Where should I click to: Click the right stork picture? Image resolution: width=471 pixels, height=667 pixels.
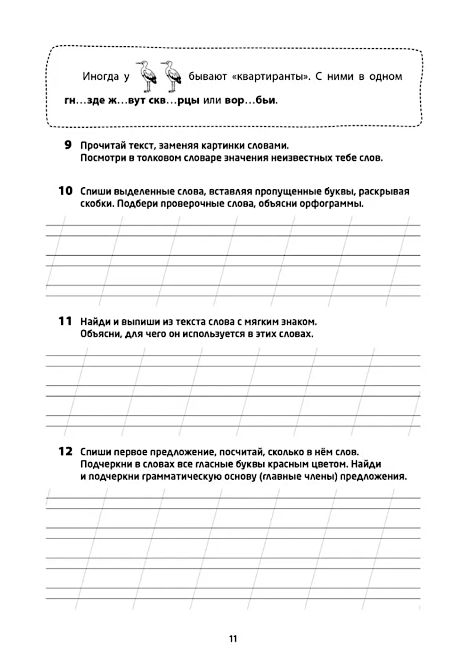[172, 76]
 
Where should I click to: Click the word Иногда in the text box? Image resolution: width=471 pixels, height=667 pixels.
[100, 76]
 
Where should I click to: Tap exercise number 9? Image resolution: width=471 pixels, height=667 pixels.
[68, 145]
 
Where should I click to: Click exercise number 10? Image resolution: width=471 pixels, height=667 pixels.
[65, 191]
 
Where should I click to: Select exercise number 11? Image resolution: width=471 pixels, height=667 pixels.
[65, 321]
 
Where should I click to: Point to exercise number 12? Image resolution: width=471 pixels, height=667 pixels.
[65, 451]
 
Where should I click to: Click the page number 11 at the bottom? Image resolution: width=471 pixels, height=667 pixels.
[233, 639]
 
